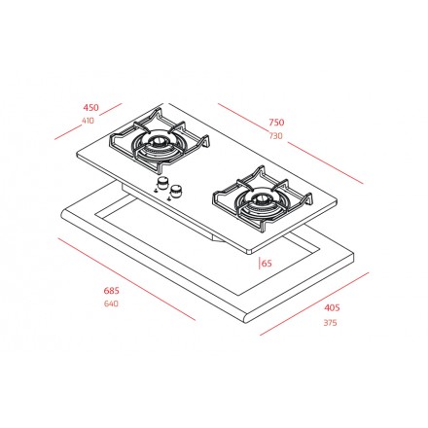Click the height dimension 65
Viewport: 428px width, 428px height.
point(266,262)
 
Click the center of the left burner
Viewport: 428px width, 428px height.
point(156,149)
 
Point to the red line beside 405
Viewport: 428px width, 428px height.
point(316,304)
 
